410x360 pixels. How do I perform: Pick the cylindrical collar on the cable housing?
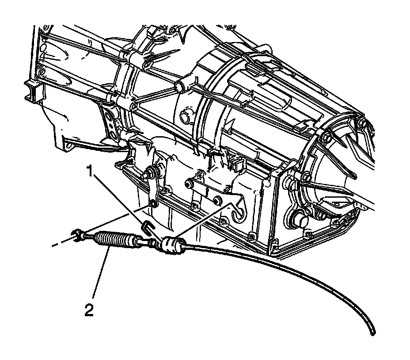[172, 245]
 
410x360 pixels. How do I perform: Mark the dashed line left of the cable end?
[62, 243]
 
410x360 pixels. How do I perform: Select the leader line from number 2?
[100, 274]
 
